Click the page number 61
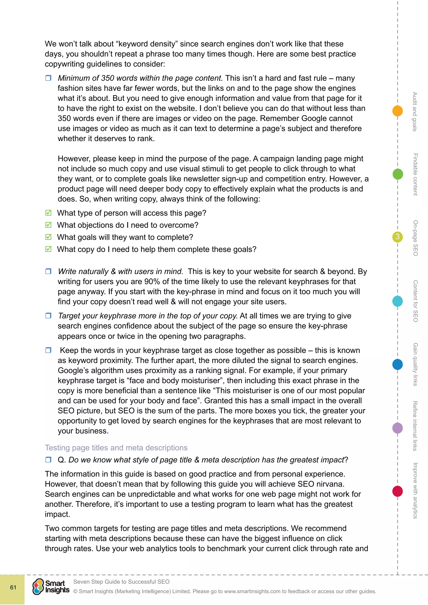pyautogui.click(x=13, y=587)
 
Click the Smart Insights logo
pyautogui.click(x=51, y=587)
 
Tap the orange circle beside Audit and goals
pyautogui.click(x=397, y=111)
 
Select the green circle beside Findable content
pyautogui.click(x=397, y=174)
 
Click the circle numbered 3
pyautogui.click(x=397, y=237)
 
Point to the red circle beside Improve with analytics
pyautogui.click(x=397, y=491)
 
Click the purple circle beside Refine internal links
pyautogui.click(x=397, y=428)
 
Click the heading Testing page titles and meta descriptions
pyautogui.click(x=116, y=448)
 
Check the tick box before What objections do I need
pyautogui.click(x=48, y=225)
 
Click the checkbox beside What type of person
pyautogui.click(x=48, y=213)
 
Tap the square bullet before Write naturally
pyautogui.click(x=48, y=271)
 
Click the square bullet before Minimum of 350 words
pyautogui.click(x=48, y=78)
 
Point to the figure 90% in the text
pyautogui.click(x=152, y=281)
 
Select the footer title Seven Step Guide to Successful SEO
pyautogui.click(x=121, y=582)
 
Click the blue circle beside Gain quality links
pyautogui.click(x=397, y=364)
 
